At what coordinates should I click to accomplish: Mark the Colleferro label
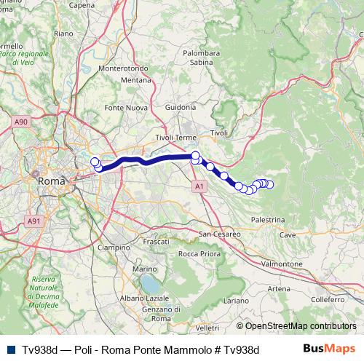327,299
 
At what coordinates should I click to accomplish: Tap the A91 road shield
34,221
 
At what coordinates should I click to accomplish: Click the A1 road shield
199,187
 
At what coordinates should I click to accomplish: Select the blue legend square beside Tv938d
9,350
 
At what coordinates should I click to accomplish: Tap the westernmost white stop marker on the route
94,162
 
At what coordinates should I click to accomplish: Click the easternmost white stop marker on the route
269,184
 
